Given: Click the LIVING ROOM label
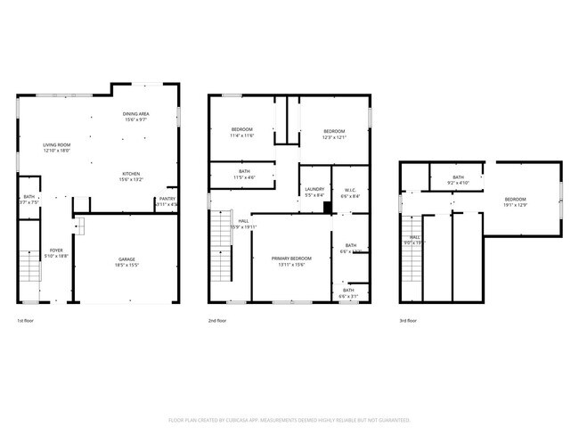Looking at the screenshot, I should click(57, 144).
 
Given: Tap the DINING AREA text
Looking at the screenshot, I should click(135, 114).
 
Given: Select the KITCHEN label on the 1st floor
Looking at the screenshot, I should click(131, 173).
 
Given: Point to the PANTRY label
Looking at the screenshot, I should click(167, 200).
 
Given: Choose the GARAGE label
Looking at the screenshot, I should click(127, 259).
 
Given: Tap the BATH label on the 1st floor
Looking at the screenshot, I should click(29, 197).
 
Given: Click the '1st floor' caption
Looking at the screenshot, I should click(27, 320).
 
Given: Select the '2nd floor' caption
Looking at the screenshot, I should click(216, 320).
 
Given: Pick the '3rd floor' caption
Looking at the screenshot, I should click(408, 320).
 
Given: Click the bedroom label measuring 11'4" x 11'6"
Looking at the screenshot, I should click(242, 130).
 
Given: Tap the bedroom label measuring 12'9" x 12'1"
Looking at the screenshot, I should click(334, 131).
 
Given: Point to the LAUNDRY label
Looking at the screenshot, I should click(314, 189).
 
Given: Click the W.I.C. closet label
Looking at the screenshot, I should click(350, 189).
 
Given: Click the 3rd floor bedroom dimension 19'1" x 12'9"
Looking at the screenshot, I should click(516, 205).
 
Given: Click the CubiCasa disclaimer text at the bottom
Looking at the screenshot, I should click(289, 419).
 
